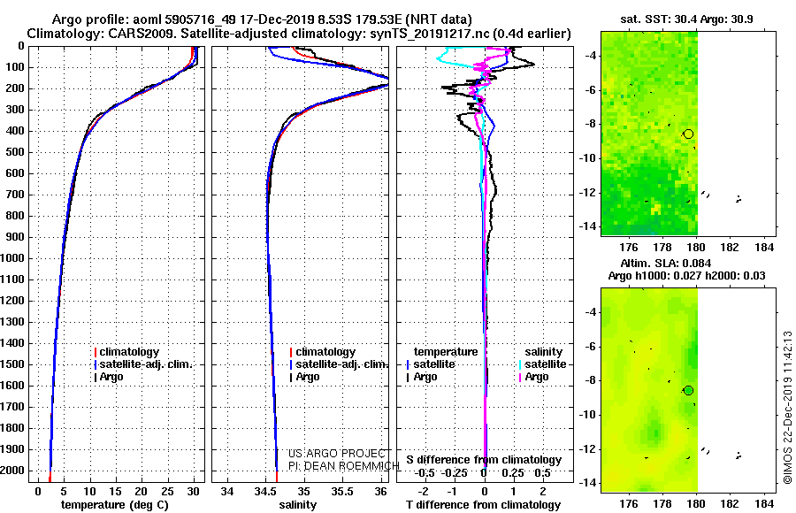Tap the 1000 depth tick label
[12, 258]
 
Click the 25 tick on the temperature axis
[167, 492]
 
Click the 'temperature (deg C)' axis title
[115, 505]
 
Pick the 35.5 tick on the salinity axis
[342, 492]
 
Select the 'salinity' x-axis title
[297, 505]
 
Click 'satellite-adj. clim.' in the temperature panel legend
[146, 364]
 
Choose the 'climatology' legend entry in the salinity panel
[325, 351]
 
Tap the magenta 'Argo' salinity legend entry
[537, 377]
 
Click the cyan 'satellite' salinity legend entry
[545, 364]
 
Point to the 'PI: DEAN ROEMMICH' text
[344, 466]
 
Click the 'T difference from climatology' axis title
[483, 505]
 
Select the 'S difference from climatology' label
[484, 460]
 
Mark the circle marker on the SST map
[688, 134]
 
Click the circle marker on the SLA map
[688, 391]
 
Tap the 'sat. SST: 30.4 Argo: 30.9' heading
[686, 19]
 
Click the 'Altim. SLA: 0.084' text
[665, 263]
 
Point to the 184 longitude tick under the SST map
[764, 248]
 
